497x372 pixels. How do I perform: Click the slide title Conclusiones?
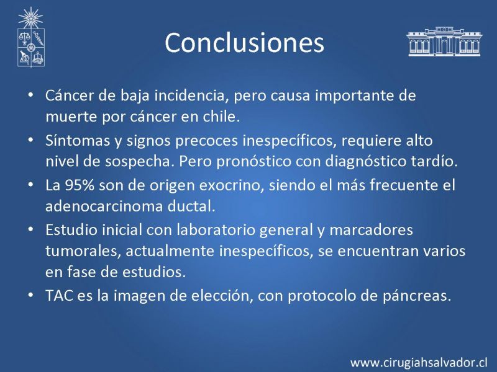click(x=244, y=43)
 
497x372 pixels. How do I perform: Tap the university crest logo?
click(x=30, y=37)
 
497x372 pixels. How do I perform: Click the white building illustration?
click(x=444, y=42)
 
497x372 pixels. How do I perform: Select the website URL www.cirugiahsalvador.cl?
click(x=418, y=363)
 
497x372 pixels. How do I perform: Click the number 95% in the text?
click(x=80, y=185)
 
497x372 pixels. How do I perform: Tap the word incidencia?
click(x=192, y=96)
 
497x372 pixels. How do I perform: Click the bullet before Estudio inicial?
click(x=30, y=229)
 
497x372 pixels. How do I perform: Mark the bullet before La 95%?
click(x=30, y=184)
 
